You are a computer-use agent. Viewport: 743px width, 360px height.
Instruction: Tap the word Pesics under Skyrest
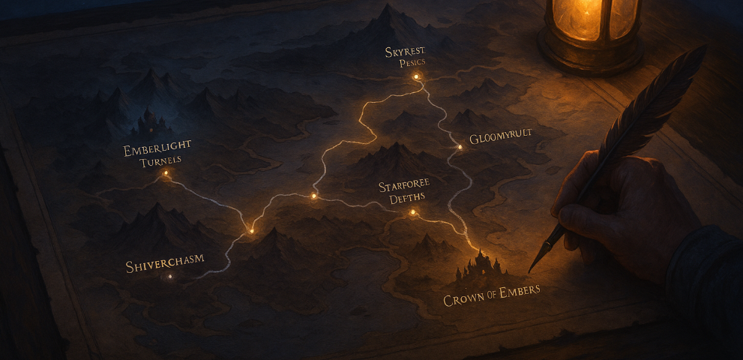click(412, 63)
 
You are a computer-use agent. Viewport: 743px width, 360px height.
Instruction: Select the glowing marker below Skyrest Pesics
click(417, 76)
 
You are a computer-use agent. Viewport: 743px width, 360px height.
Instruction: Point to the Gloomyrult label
click(500, 139)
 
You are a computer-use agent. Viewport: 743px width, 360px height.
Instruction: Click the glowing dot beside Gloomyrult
click(460, 147)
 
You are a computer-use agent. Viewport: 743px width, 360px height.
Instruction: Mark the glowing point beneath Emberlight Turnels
click(166, 173)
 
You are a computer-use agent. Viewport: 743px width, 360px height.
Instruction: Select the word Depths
click(407, 199)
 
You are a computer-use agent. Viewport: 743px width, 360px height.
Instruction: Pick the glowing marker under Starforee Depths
click(412, 213)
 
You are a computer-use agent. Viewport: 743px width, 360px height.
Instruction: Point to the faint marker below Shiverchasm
click(169, 277)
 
